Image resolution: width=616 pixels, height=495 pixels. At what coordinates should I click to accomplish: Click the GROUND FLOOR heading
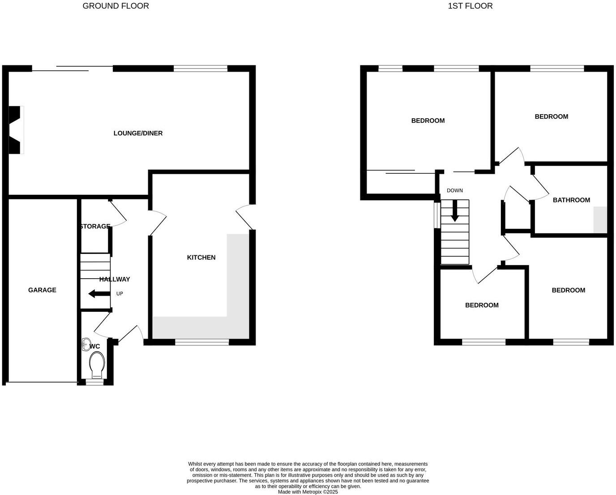115,6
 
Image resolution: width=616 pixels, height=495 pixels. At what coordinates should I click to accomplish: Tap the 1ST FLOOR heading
470,6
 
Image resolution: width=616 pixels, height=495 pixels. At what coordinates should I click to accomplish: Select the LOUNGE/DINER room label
138,133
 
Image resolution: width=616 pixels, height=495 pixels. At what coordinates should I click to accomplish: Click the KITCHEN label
201,257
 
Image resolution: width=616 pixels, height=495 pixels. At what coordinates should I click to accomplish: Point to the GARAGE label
42,290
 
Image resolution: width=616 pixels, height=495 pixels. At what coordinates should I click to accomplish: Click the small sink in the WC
86,344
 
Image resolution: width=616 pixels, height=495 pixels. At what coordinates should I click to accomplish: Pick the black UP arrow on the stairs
99,294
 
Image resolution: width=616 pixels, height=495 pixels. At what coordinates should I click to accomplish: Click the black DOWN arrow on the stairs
455,211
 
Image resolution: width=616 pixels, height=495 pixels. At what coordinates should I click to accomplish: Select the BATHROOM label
571,200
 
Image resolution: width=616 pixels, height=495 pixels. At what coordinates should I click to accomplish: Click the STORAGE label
94,226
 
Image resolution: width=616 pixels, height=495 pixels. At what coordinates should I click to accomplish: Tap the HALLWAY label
115,279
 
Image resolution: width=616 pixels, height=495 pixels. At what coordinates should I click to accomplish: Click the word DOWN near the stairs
455,190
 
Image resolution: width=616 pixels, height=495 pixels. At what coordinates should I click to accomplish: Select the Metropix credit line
308,491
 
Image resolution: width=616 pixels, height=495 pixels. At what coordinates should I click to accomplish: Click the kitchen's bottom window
202,342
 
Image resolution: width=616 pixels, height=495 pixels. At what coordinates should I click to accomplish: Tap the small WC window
94,383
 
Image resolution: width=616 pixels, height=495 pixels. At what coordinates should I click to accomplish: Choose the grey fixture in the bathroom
600,220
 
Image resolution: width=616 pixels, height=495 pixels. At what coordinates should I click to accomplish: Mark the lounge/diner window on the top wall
201,69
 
